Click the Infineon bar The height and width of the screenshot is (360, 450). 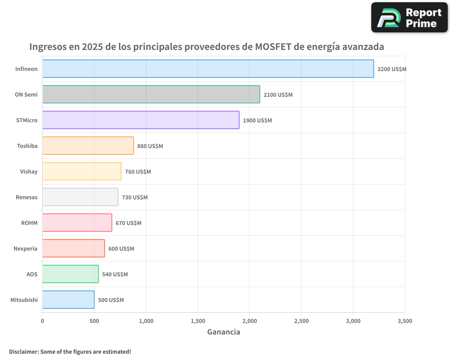[208, 69]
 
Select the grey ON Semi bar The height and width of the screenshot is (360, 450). [151, 94]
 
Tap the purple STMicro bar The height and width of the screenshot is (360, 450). [141, 120]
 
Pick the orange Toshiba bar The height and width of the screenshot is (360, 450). [88, 146]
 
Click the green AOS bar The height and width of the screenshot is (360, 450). [70, 274]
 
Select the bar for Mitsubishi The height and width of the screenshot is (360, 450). [68, 300]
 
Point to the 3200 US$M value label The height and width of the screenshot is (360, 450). [391, 69]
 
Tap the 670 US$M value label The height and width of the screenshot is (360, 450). [128, 223]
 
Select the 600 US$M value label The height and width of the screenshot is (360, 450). [121, 249]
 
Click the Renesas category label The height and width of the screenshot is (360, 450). [27, 198]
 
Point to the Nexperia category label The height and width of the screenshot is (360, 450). [26, 249]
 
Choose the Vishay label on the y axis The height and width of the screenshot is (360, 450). [29, 172]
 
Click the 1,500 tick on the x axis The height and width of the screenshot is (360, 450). [198, 321]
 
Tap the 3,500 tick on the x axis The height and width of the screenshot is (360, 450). [405, 321]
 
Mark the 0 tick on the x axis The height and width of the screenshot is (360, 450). [43, 321]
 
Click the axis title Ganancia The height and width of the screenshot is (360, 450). [224, 332]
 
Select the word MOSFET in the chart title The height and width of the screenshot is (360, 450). [274, 47]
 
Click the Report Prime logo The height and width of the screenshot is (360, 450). [409, 18]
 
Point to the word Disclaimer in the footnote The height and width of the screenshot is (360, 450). [23, 352]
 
